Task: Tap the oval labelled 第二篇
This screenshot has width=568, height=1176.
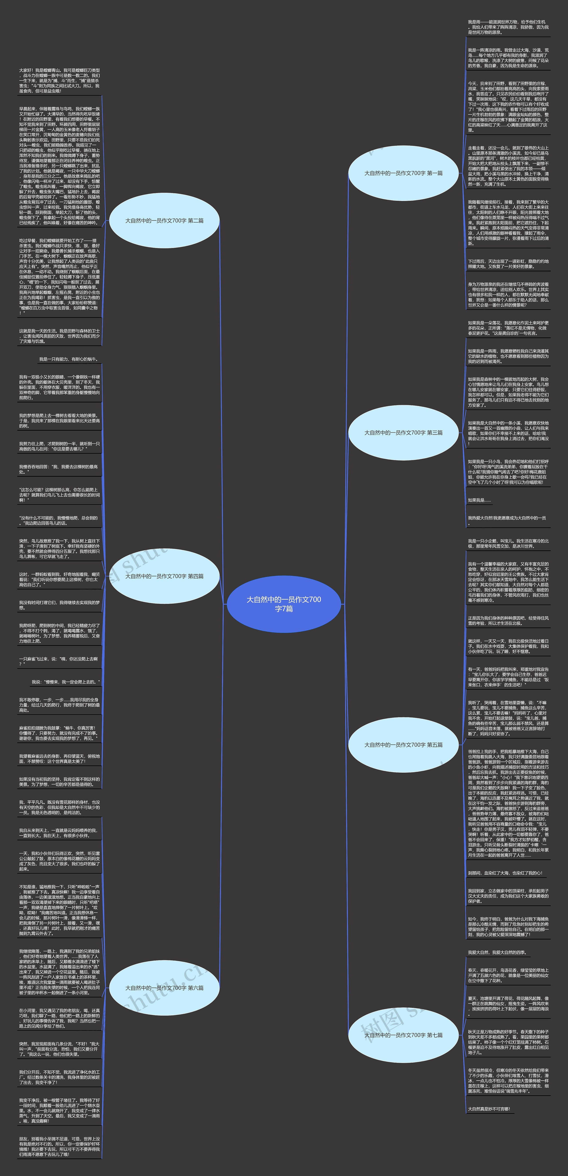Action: pyautogui.click(x=164, y=221)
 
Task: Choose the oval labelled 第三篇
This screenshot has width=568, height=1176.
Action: pyautogui.click(x=403, y=432)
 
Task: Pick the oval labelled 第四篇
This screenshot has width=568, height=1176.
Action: pyautogui.click(x=164, y=576)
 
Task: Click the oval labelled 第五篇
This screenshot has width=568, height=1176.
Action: pyautogui.click(x=403, y=745)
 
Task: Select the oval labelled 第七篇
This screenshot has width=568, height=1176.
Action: pyautogui.click(x=403, y=1035)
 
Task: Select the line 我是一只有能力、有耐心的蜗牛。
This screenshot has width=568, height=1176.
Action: pyautogui.click(x=69, y=359)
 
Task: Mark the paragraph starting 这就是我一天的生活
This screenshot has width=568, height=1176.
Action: pyautogui.click(x=59, y=336)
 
